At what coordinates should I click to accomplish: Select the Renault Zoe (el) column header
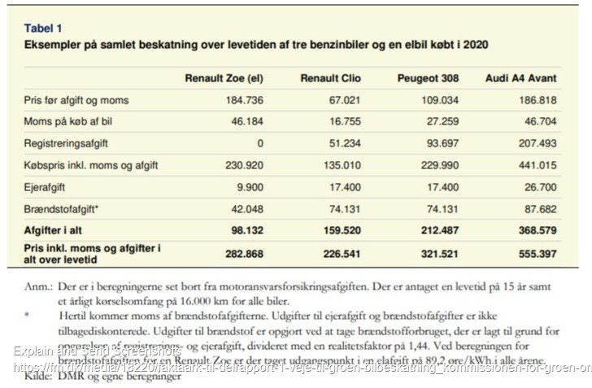click(224, 78)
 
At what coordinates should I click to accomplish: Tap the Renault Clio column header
click(331, 78)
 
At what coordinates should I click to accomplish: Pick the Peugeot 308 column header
click(428, 78)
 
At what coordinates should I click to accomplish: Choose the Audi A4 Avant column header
click(520, 78)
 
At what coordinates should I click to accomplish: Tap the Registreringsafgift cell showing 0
click(260, 143)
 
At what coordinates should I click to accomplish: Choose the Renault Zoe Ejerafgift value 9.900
click(249, 187)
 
